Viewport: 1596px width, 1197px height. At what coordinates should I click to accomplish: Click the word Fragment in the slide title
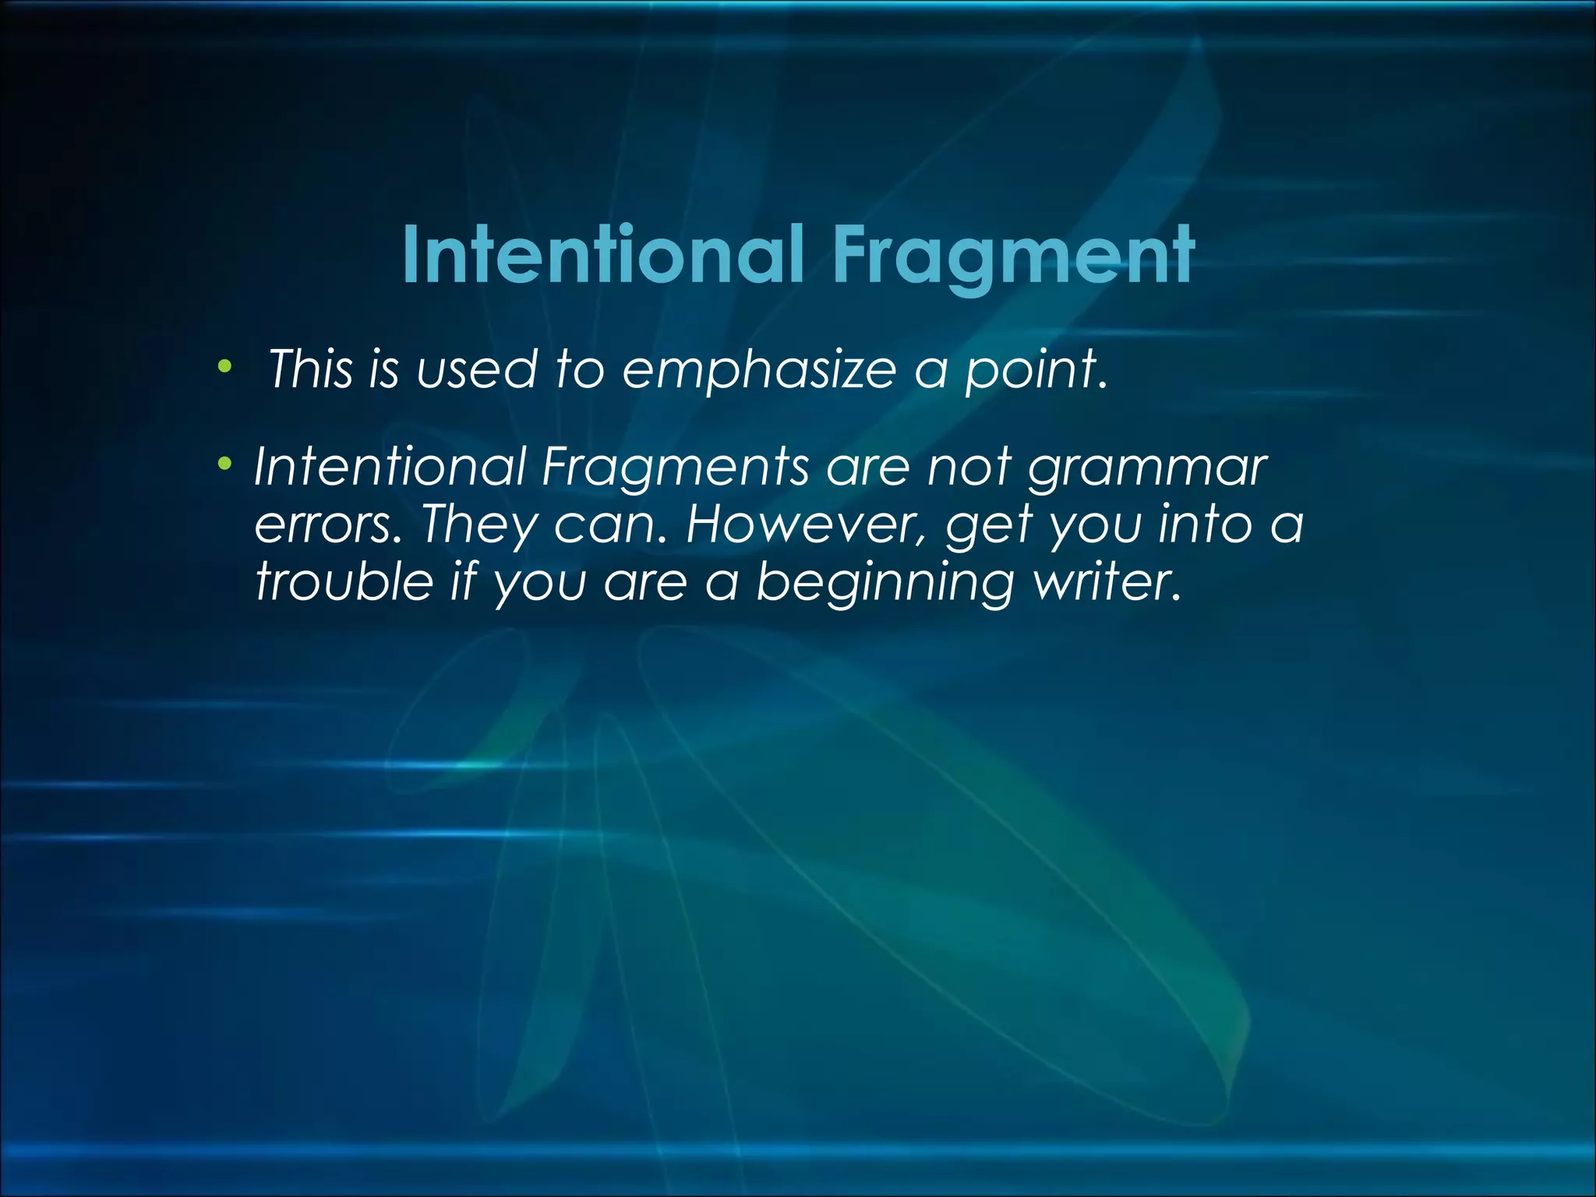pyautogui.click(x=1013, y=256)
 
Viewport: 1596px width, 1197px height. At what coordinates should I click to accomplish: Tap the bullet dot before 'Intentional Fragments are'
pyautogui.click(x=225, y=465)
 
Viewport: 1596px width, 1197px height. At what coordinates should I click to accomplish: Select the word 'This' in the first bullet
pyautogui.click(x=310, y=369)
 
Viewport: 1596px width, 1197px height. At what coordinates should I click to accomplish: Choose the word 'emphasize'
pyautogui.click(x=760, y=369)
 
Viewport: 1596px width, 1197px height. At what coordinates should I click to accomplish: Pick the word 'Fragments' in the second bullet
pyautogui.click(x=675, y=467)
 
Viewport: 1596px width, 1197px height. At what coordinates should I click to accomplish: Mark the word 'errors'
pyautogui.click(x=324, y=524)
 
